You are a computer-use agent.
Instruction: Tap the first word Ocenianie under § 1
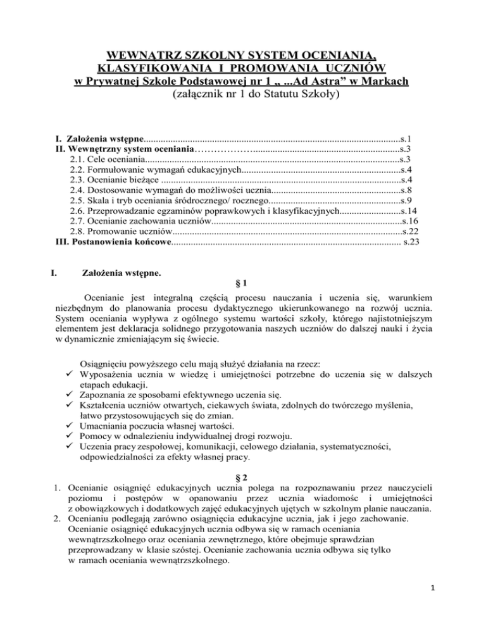(103, 297)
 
